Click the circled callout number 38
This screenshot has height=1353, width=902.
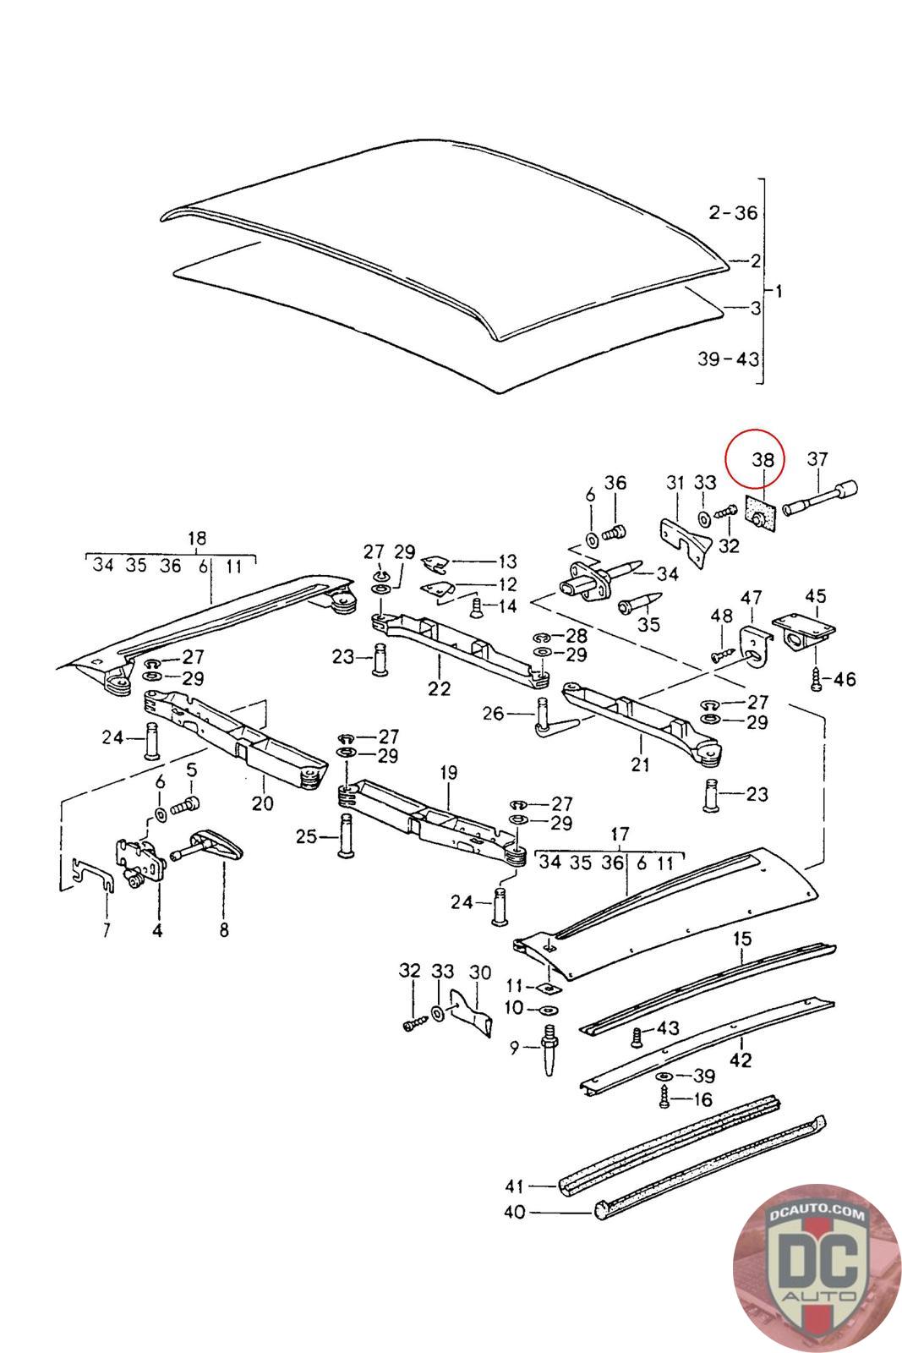click(x=763, y=460)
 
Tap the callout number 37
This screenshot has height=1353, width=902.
click(x=817, y=459)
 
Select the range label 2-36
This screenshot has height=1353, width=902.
click(x=733, y=212)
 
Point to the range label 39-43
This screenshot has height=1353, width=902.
click(x=728, y=359)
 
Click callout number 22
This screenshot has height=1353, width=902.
click(x=439, y=688)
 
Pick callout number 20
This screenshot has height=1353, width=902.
click(x=263, y=803)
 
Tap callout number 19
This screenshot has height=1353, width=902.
click(x=449, y=773)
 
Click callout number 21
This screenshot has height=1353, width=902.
click(x=640, y=764)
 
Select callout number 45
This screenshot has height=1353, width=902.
click(x=815, y=596)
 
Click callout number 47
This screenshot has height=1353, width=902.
click(x=751, y=598)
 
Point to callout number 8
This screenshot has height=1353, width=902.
click(x=224, y=930)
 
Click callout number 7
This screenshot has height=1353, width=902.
click(x=107, y=930)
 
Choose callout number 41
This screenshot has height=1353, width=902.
click(x=514, y=1186)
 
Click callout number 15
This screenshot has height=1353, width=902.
click(x=742, y=939)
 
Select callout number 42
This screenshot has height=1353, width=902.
click(x=741, y=1060)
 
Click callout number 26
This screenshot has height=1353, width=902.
click(x=493, y=714)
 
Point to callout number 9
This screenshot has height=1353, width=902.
click(x=514, y=1048)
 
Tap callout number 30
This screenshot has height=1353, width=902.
click(x=480, y=972)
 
